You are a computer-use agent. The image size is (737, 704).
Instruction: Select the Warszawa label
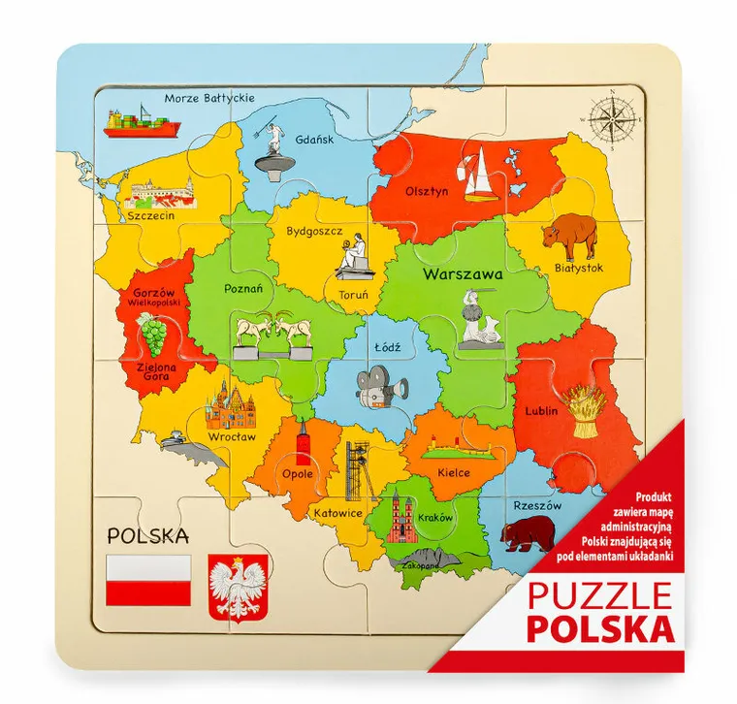pyautogui.click(x=463, y=274)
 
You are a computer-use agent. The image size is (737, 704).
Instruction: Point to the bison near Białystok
pyautogui.click(x=569, y=236)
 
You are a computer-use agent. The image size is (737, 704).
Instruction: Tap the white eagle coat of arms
pyautogui.click(x=232, y=588)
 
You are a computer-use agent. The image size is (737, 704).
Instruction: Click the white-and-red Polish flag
pyautogui.click(x=147, y=579)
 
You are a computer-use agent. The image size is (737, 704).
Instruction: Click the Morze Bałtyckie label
pyautogui.click(x=208, y=98)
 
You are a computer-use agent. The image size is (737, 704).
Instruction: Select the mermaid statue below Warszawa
pyautogui.click(x=477, y=320)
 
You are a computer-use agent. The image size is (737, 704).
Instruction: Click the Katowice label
pyautogui.click(x=337, y=511)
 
